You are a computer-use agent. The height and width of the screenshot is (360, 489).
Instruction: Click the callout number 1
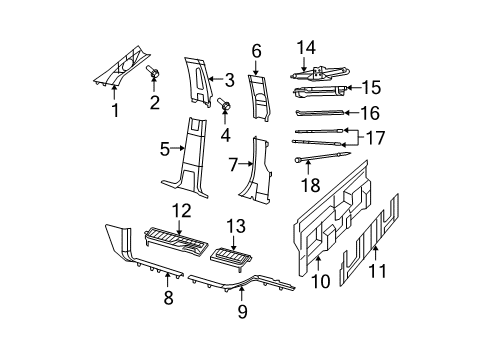pos(114,111)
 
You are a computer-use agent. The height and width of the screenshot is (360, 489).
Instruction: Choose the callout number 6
pos(256,50)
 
